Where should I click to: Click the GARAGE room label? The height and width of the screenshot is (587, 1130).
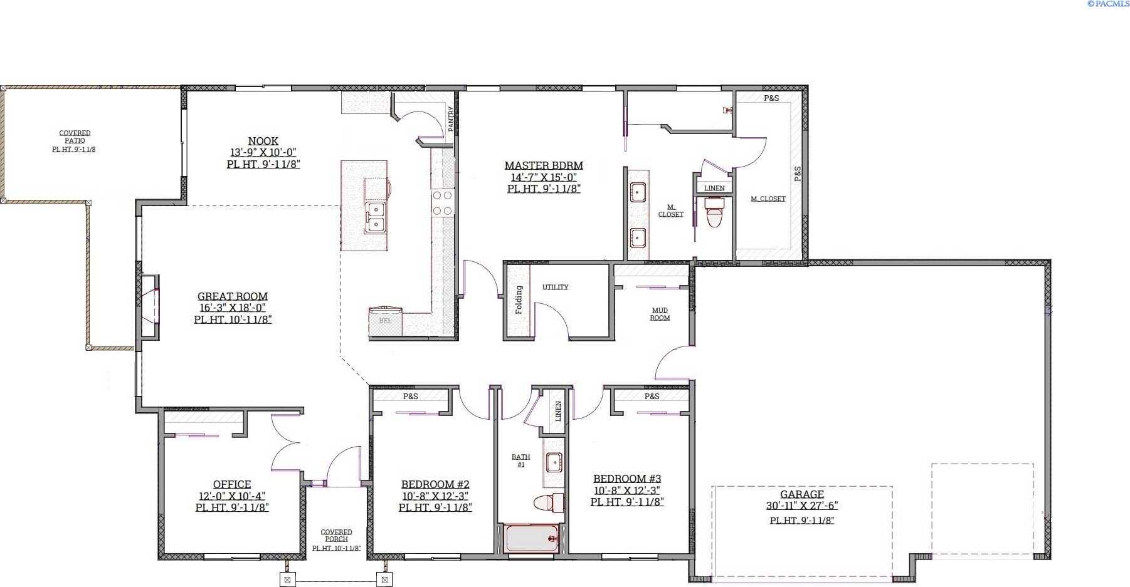[801, 494]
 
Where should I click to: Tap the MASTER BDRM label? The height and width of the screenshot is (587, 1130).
[544, 165]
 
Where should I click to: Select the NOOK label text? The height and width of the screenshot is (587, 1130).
[263, 141]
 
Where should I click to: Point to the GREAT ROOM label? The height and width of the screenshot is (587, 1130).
[233, 296]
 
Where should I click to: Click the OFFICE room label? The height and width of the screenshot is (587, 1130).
[232, 484]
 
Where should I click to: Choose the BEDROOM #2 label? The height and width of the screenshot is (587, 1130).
[435, 484]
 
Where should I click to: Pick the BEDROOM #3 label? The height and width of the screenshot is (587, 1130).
[627, 479]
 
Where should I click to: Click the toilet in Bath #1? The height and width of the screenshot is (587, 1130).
[549, 502]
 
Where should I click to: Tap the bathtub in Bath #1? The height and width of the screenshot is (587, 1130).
[531, 539]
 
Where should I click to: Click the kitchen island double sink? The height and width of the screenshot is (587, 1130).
[376, 217]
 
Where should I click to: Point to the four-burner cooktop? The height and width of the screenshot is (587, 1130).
[442, 203]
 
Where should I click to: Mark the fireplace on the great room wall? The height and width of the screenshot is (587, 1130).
[149, 307]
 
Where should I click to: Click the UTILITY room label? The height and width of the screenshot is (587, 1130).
[555, 287]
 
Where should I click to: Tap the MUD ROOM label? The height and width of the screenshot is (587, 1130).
[660, 314]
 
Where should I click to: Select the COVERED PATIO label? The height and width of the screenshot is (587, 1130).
[75, 137]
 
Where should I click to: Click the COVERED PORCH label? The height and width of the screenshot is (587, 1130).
[336, 536]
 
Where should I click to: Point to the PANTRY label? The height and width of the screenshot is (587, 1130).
[450, 119]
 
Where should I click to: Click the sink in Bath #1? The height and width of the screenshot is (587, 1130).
[554, 463]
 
